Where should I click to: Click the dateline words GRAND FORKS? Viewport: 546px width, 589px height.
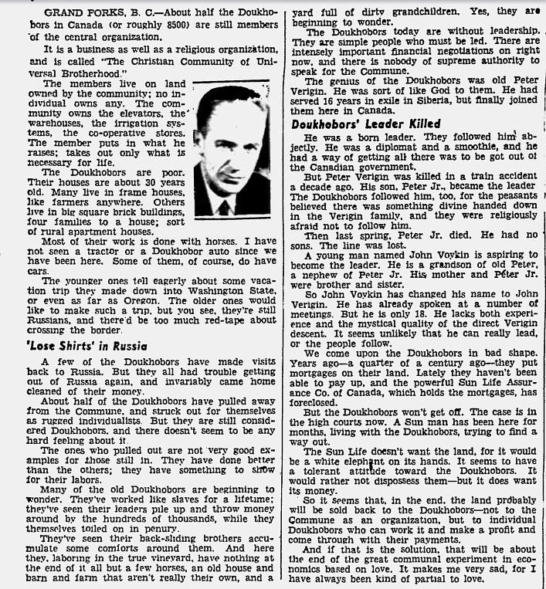pyautogui.click(x=79, y=12)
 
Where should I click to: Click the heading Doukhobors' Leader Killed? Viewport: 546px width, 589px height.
pyautogui.click(x=366, y=124)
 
